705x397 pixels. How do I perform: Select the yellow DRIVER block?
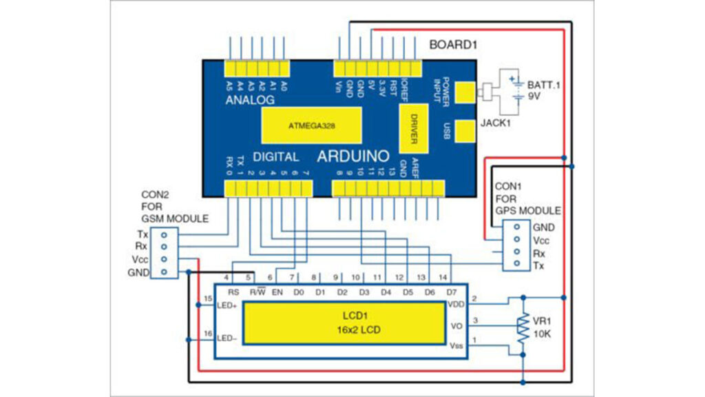(414, 128)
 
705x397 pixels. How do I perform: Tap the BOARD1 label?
(453, 45)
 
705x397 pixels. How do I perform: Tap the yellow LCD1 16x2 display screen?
(343, 325)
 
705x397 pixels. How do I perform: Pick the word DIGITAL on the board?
(275, 156)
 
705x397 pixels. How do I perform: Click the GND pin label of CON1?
(543, 227)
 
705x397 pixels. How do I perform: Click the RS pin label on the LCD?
(233, 292)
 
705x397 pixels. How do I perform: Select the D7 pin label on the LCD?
(452, 292)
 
